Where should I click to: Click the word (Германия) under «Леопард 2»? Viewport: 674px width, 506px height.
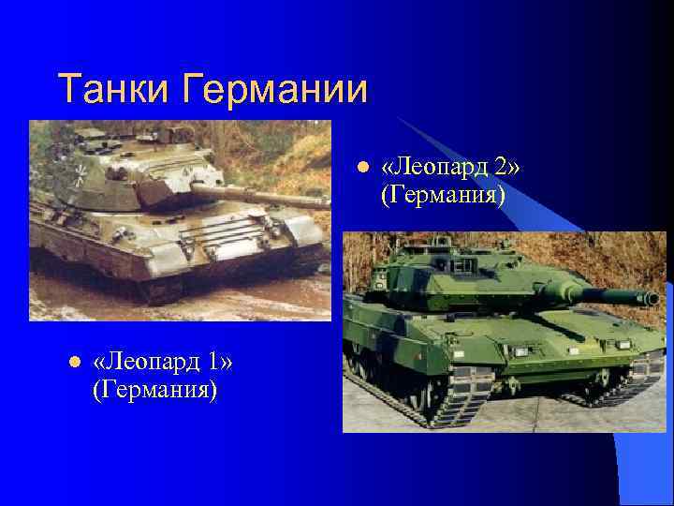click(x=443, y=196)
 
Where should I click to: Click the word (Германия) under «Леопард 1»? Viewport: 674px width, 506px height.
click(x=154, y=388)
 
